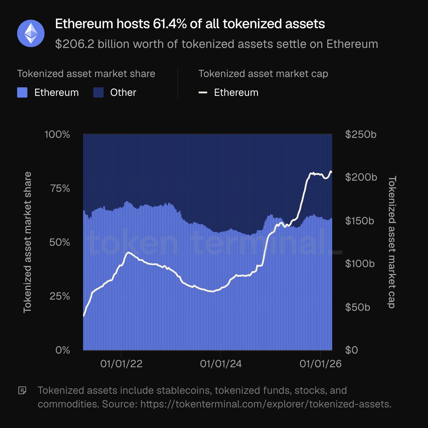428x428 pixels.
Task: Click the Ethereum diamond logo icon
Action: [31, 34]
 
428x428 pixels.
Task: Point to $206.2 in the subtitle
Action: [74, 44]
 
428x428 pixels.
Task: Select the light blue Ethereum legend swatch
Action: [22, 93]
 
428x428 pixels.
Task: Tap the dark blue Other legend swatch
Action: [98, 93]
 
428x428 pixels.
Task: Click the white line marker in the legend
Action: [203, 93]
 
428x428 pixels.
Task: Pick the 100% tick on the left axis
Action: [57, 134]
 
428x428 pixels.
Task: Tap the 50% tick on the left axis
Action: [59, 242]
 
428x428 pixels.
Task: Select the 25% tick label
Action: [59, 296]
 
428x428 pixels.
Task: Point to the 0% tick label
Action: [63, 350]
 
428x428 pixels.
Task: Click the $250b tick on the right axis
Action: [361, 134]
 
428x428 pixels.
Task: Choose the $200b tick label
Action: [361, 177]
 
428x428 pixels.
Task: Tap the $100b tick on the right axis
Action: [360, 264]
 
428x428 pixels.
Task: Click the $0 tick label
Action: [351, 350]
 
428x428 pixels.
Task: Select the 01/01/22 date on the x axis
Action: [121, 364]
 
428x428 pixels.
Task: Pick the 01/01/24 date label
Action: [221, 364]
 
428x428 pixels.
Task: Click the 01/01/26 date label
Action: [320, 364]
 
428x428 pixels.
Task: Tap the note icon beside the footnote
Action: [22, 391]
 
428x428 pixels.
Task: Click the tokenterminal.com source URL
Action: [266, 404]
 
